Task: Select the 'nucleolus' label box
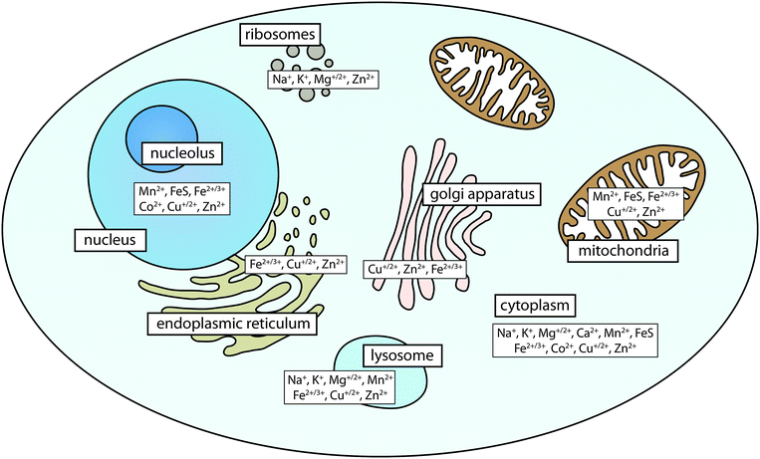(185, 153)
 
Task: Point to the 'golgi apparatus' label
(480, 194)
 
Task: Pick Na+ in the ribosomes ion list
(281, 77)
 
